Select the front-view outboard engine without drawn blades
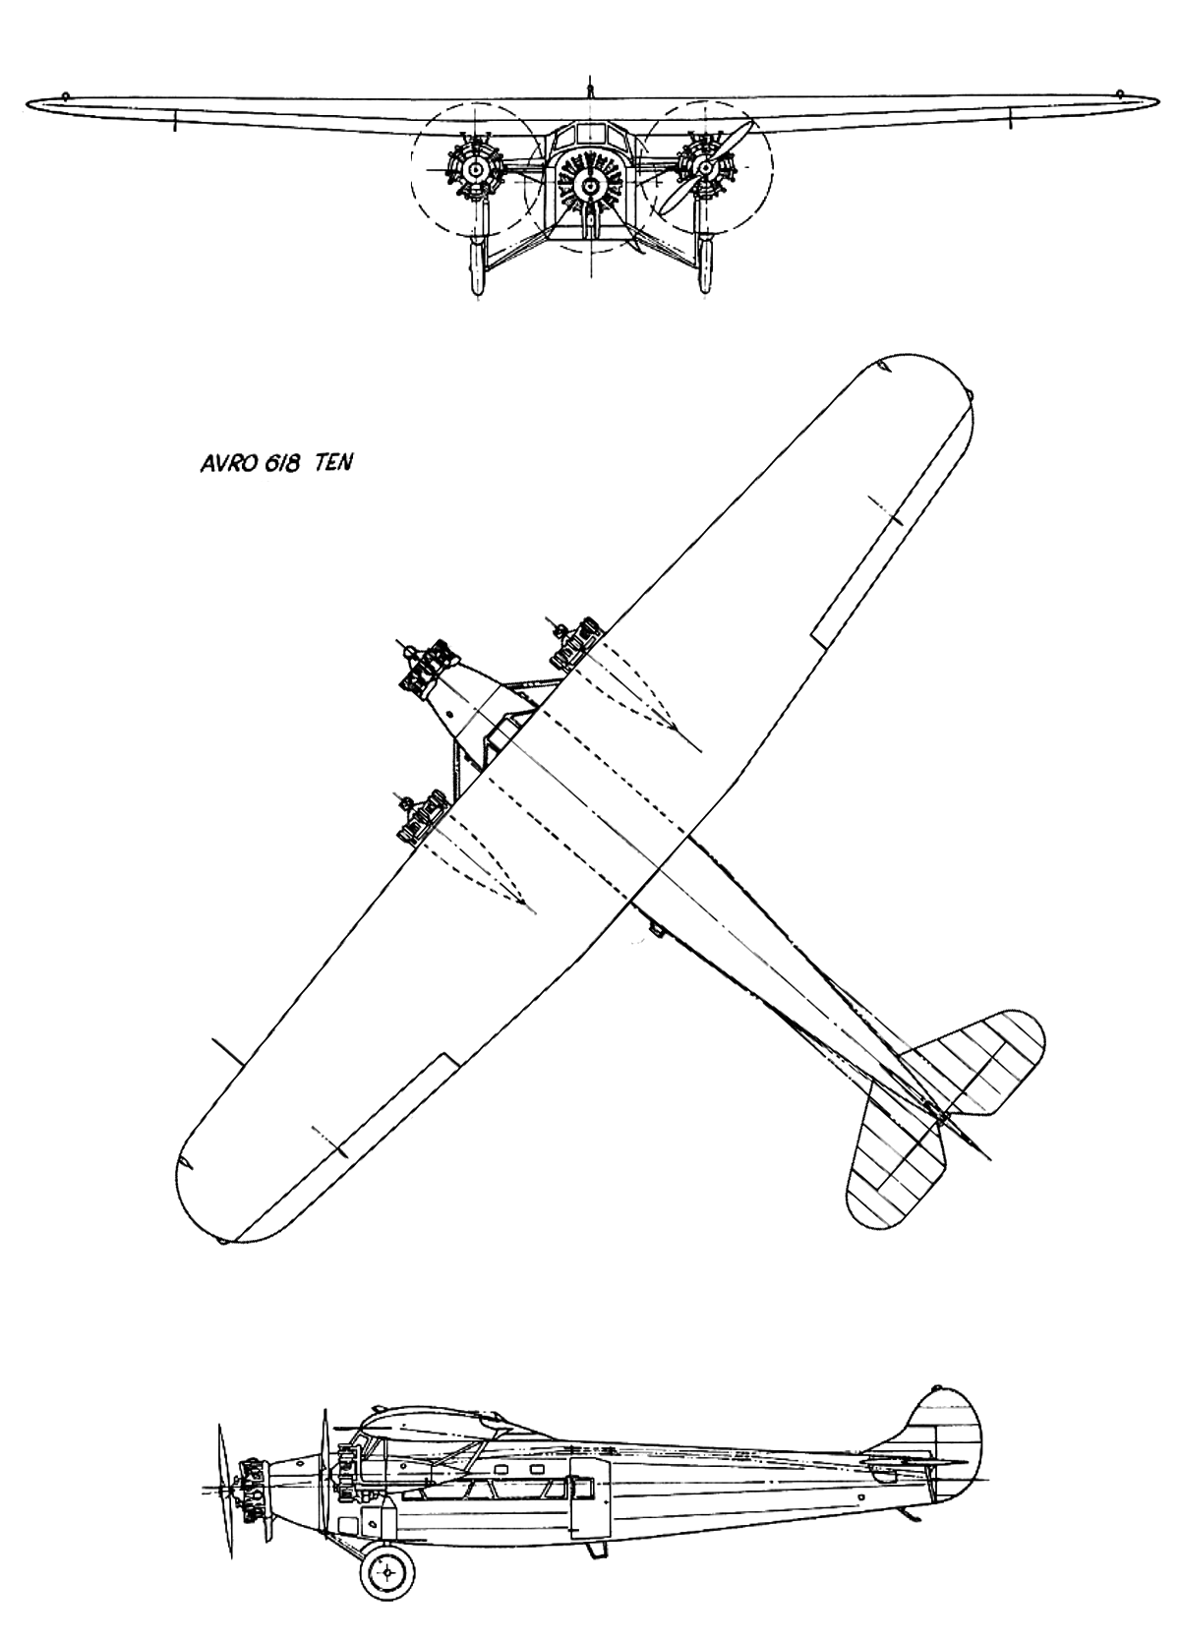pyautogui.click(x=474, y=171)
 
